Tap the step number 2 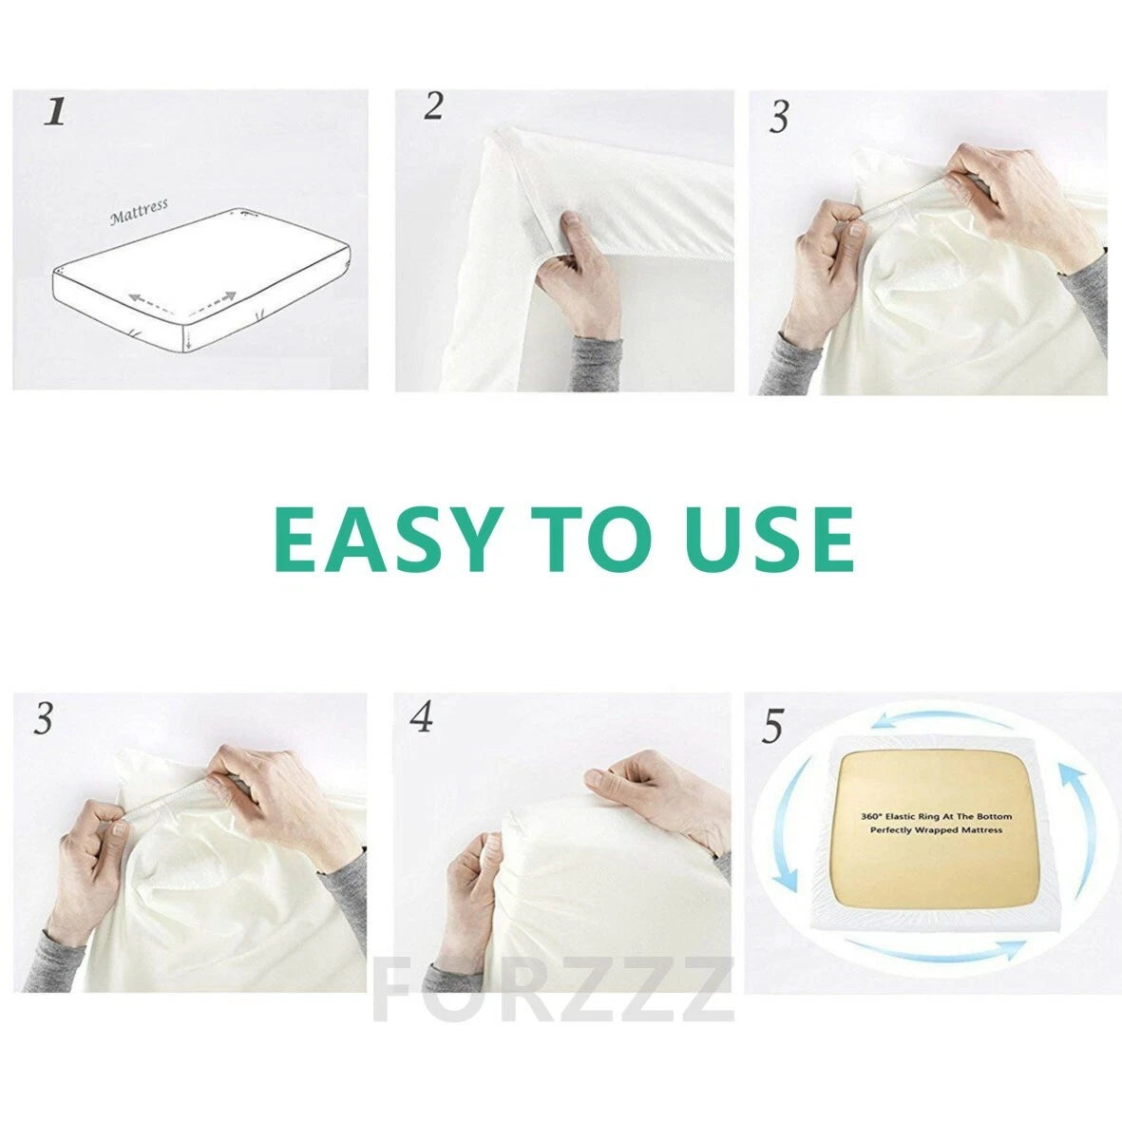point(433,106)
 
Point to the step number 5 point(772,727)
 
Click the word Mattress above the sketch point(139,211)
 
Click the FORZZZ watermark point(554,991)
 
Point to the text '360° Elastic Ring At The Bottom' point(937,816)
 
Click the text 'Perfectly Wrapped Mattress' point(937,829)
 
